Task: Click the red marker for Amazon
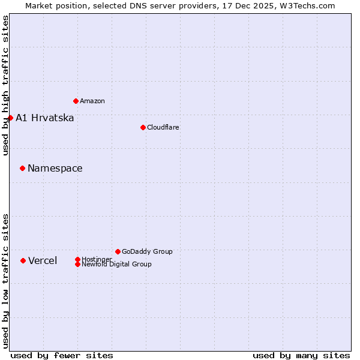[x=76, y=101]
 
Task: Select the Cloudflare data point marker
[x=143, y=127]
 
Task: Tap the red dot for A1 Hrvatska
[x=10, y=118]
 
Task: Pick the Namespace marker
[x=22, y=168]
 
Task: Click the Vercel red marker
[x=23, y=260]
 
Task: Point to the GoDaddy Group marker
[x=118, y=251]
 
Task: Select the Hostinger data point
[x=77, y=259]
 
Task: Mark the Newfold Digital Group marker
[x=77, y=264]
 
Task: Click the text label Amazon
[x=92, y=101]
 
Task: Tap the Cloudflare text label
[x=163, y=127]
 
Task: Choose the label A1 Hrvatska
[x=44, y=118]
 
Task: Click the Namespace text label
[x=55, y=168]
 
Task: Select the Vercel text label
[x=43, y=260]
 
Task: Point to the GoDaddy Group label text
[x=147, y=251]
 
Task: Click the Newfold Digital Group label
[x=116, y=264]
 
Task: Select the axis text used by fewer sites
[x=62, y=355]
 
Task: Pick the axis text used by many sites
[x=301, y=355]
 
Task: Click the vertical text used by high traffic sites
[x=5, y=85]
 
